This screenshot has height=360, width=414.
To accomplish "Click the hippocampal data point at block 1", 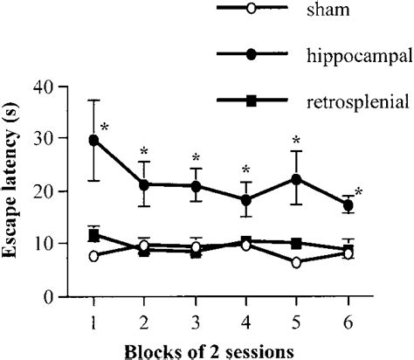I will click(x=93, y=140).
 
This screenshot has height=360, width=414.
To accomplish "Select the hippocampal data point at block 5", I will click(x=297, y=179).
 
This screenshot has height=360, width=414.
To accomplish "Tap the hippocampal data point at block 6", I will click(x=348, y=204).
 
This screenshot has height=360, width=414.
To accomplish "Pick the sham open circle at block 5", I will click(x=297, y=262).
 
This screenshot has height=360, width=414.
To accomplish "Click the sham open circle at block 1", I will click(x=93, y=256).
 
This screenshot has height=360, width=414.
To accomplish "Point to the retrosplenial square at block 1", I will click(x=93, y=235).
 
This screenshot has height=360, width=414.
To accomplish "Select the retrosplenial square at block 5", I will click(x=297, y=243).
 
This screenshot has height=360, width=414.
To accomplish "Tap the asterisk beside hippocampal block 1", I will click(x=105, y=128).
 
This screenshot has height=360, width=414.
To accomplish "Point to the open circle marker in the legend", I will click(x=251, y=10).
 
